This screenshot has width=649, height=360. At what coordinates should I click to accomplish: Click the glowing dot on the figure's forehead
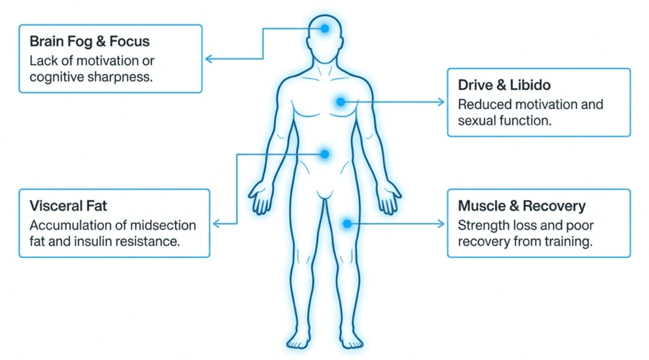325,29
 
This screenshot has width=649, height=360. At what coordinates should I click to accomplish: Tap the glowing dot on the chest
341,102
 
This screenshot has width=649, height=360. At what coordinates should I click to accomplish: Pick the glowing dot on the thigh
347,223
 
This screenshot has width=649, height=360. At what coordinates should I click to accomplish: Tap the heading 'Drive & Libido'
505,85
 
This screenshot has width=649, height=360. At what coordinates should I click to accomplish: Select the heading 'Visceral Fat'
68,206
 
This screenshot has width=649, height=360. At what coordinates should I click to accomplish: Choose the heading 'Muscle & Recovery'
522,206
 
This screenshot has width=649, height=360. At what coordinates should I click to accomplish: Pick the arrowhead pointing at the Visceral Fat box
216,224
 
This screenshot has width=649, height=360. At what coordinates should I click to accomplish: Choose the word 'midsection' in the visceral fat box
163,226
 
